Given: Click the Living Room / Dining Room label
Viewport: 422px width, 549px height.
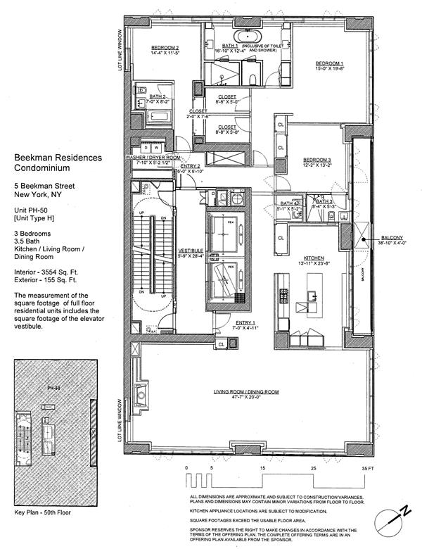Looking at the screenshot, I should click(x=246, y=391).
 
